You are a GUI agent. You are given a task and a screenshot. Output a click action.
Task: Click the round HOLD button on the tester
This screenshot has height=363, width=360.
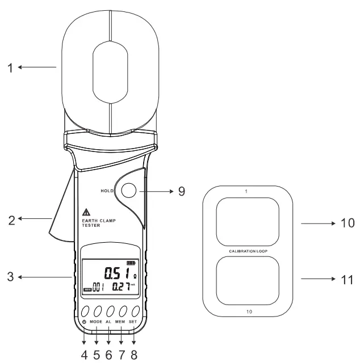tap(128, 192)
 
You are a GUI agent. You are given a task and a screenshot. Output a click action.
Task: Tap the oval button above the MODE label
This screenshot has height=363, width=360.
tap(95, 311)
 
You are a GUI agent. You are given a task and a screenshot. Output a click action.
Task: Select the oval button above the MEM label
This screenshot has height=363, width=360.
tap(121, 311)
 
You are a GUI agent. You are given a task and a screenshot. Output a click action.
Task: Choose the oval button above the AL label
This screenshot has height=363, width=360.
tap(108, 311)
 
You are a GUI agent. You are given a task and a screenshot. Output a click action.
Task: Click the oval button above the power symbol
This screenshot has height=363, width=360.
tap(84, 311)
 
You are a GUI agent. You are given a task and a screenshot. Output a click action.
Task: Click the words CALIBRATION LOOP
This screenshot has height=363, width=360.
tap(249, 250)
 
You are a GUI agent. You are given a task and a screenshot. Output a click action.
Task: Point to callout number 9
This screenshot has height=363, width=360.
tap(181, 192)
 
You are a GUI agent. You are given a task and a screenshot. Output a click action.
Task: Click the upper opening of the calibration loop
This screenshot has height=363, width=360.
tap(249, 222)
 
